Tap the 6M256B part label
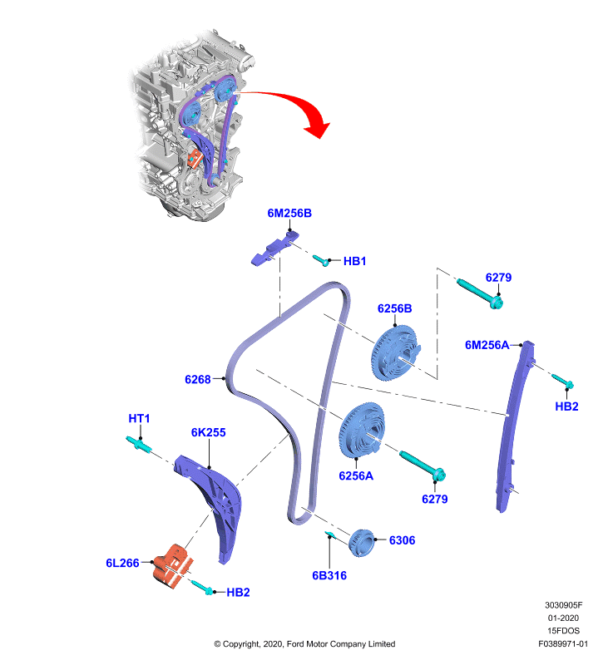[289, 213]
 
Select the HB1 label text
[354, 261]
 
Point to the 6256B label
[394, 308]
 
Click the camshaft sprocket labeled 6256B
[396, 352]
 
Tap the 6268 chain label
[198, 379]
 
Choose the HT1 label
[139, 419]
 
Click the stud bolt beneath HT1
[138, 444]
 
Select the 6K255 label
[208, 432]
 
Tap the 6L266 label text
[122, 563]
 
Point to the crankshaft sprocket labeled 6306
[362, 543]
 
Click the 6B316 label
[329, 575]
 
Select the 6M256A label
[487, 345]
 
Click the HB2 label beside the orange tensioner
[238, 593]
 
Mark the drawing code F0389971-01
[563, 643]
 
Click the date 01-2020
[563, 618]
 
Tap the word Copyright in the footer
[241, 644]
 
